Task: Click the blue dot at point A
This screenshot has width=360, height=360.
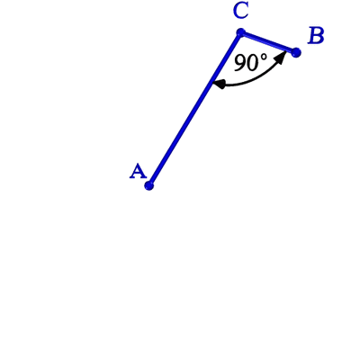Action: [x=148, y=185]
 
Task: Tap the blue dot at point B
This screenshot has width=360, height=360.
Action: [x=296, y=52]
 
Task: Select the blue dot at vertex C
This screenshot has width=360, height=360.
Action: [x=240, y=32]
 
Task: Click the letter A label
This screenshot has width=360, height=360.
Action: [x=138, y=171]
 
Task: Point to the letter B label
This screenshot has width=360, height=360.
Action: [x=316, y=36]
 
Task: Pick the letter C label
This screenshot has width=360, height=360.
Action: [x=240, y=12]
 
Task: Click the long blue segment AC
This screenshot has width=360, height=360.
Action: [x=194, y=109]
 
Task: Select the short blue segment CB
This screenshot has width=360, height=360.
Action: [x=268, y=42]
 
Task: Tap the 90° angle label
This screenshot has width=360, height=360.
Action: [x=250, y=62]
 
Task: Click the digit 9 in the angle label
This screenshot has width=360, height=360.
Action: [x=239, y=63]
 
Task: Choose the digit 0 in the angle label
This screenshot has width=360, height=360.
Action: [x=252, y=63]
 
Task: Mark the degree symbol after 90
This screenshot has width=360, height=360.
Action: [x=263, y=58]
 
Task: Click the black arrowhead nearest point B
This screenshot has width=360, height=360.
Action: [x=281, y=58]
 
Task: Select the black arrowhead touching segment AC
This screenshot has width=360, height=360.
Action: [x=219, y=84]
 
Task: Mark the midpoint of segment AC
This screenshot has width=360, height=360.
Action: [x=194, y=109]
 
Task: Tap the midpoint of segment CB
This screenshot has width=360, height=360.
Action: [x=268, y=42]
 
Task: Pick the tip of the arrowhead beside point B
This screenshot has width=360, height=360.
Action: [x=285, y=52]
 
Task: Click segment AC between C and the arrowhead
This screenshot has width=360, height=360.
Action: [x=227, y=57]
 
